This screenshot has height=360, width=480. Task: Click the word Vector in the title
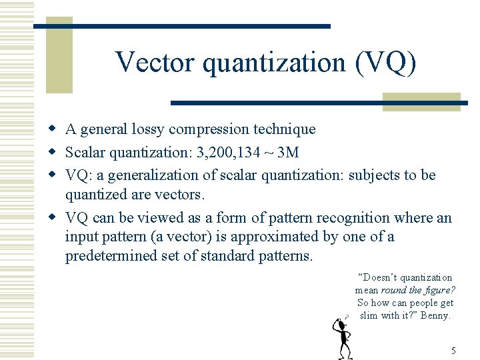coord(155,63)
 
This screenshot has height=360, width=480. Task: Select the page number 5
coord(453,351)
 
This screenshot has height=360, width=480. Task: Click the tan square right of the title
coord(421,101)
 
